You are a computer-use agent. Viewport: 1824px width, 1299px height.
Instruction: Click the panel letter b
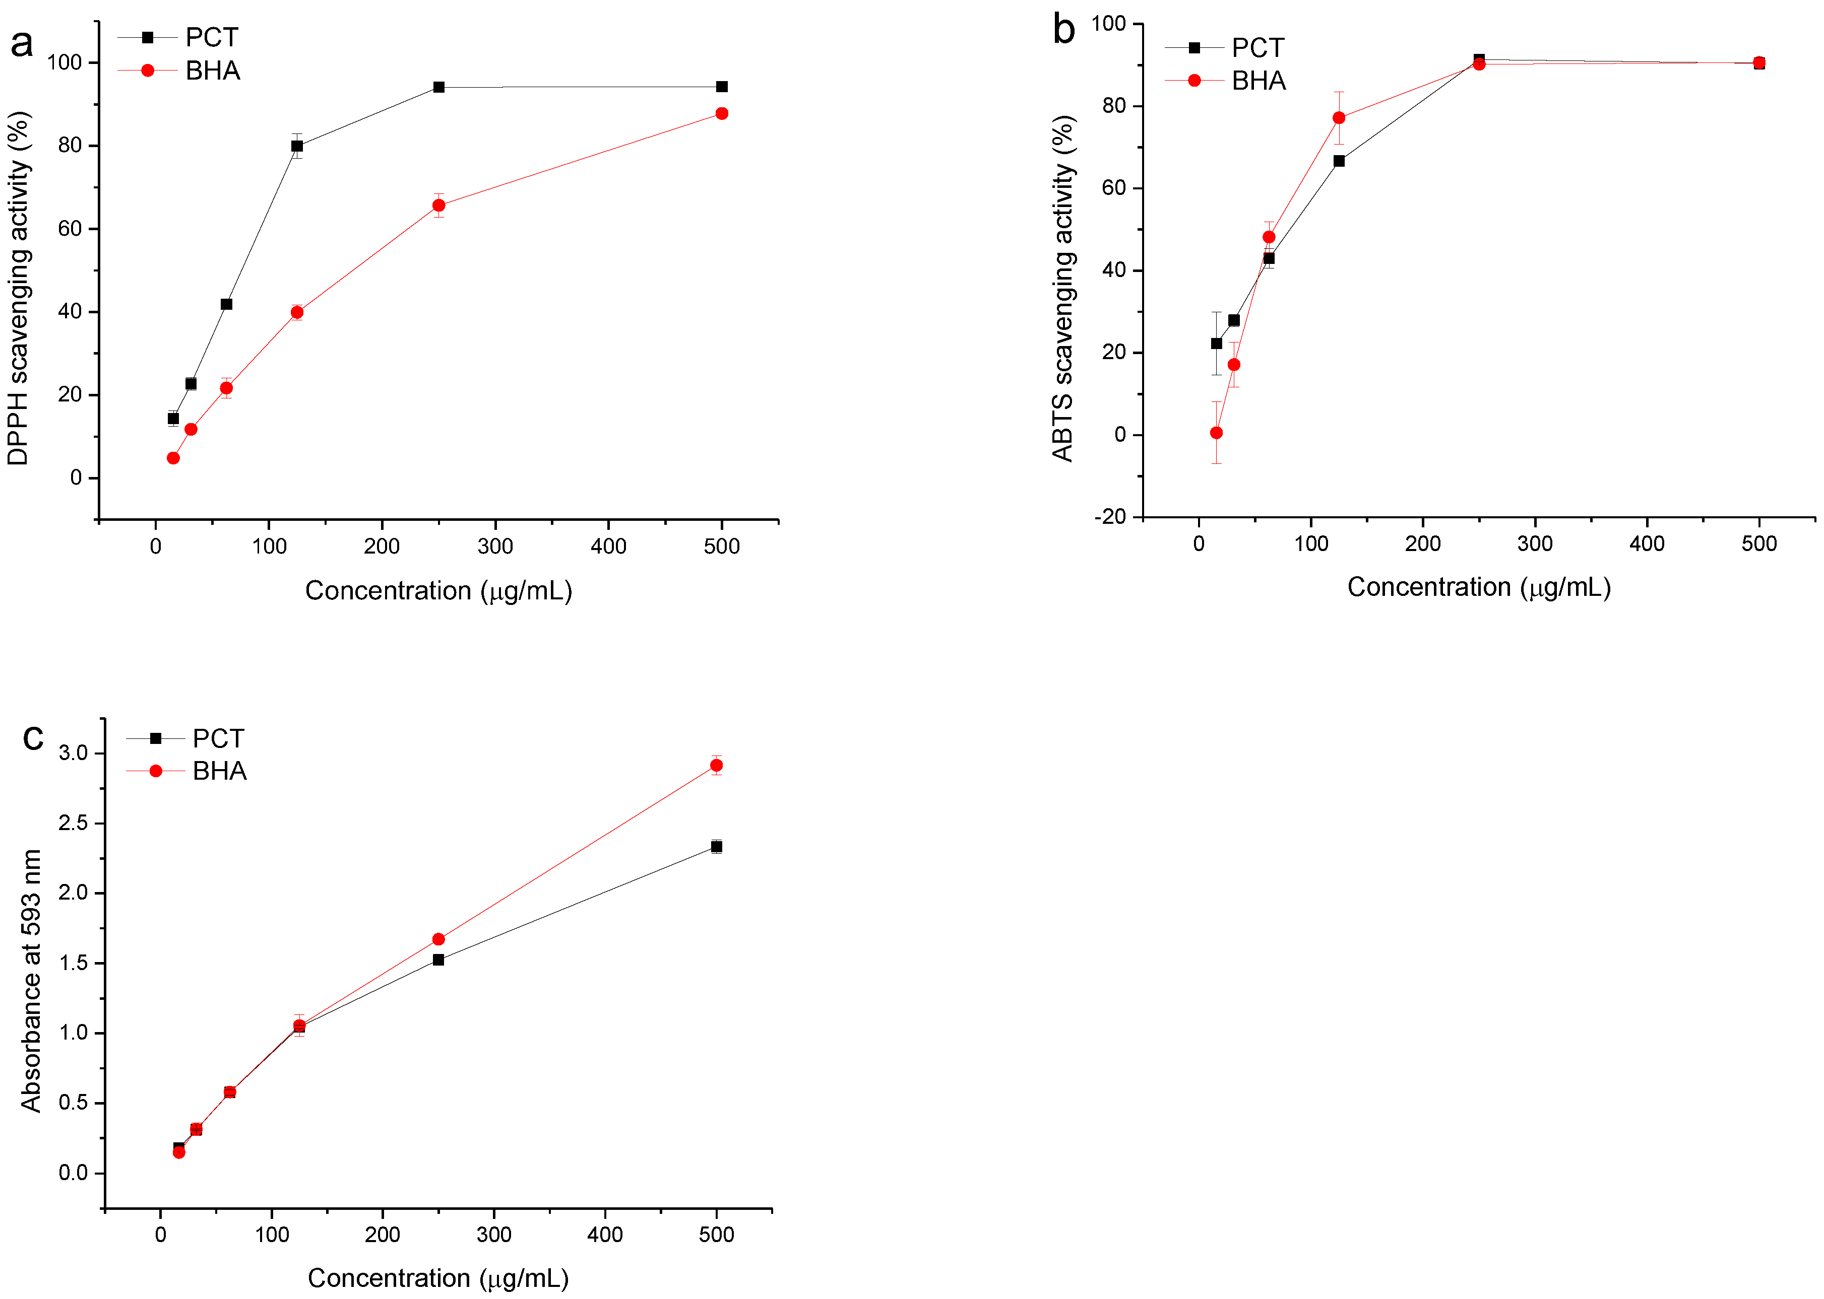click(x=1063, y=30)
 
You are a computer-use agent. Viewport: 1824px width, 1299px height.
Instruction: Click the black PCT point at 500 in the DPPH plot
click(x=721, y=87)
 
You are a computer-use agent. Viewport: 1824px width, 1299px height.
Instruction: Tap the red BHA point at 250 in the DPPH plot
click(x=438, y=206)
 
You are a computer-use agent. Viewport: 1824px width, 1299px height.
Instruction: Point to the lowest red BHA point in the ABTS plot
click(x=1216, y=433)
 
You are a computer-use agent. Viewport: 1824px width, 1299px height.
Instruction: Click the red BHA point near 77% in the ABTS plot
click(x=1339, y=117)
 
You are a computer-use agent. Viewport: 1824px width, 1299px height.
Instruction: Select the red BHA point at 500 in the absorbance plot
click(x=716, y=766)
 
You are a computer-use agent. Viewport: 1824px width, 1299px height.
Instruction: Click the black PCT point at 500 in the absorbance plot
click(x=716, y=846)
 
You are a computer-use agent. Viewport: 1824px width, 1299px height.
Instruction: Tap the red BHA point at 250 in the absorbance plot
click(x=438, y=939)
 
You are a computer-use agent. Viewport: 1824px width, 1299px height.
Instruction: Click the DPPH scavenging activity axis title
click(x=19, y=288)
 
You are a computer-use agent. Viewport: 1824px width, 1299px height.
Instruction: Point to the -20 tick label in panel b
click(x=1110, y=517)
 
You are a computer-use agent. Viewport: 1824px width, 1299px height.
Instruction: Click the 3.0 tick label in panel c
click(x=73, y=753)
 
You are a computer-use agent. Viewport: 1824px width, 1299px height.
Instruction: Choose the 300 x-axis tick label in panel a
click(x=494, y=546)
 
